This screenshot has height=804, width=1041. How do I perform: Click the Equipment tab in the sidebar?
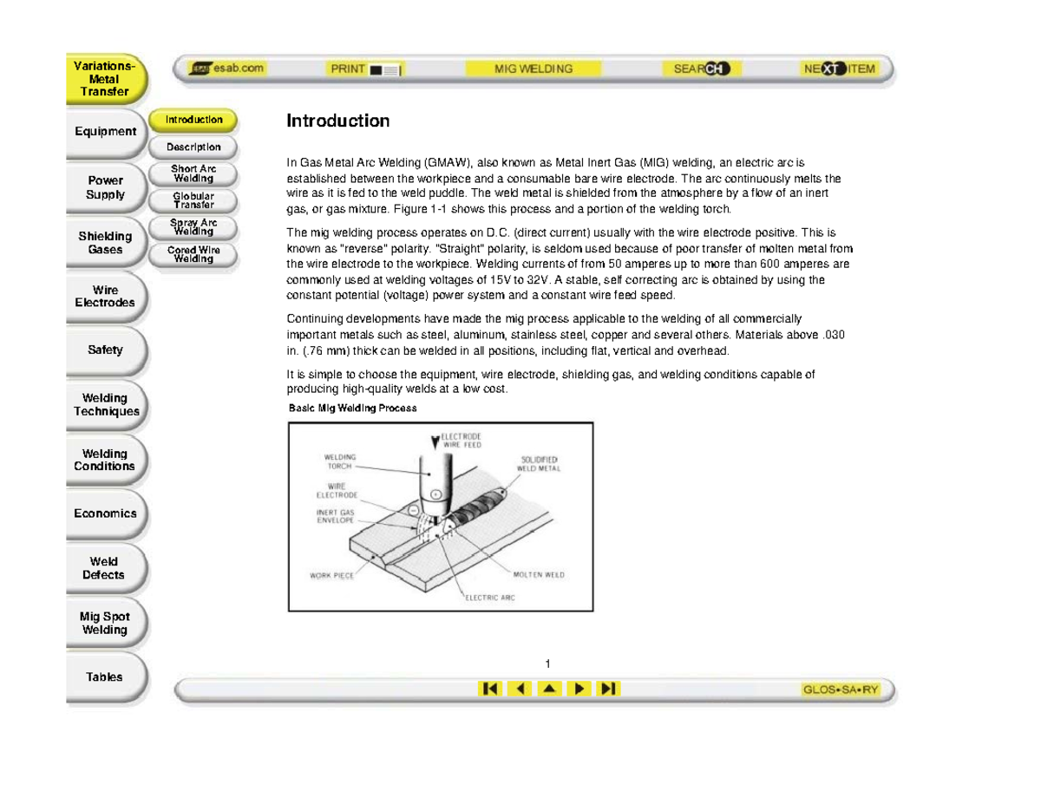pos(105,132)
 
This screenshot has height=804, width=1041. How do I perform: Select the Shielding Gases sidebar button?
pos(105,243)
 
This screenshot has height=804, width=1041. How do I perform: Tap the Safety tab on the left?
pos(105,350)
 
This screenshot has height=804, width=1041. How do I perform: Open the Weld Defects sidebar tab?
pos(104,568)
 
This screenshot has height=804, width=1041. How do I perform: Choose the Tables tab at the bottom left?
pos(104,677)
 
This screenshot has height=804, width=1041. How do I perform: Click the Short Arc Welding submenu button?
pos(193,173)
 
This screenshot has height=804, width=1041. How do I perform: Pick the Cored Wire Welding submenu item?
pos(193,254)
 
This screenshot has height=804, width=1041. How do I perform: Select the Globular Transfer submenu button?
pos(193,200)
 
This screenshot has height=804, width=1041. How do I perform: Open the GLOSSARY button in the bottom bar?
pos(840,690)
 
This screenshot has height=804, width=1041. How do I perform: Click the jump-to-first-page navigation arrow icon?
pos(489,689)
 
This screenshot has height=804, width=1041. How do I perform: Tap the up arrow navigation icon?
pos(549,689)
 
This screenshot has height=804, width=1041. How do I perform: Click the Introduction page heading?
pos(338,121)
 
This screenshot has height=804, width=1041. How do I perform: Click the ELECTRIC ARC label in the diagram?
pos(490,597)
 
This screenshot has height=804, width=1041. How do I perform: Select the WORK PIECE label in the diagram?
pos(331,575)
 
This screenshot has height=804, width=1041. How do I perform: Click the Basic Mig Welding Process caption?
pos(352,408)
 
